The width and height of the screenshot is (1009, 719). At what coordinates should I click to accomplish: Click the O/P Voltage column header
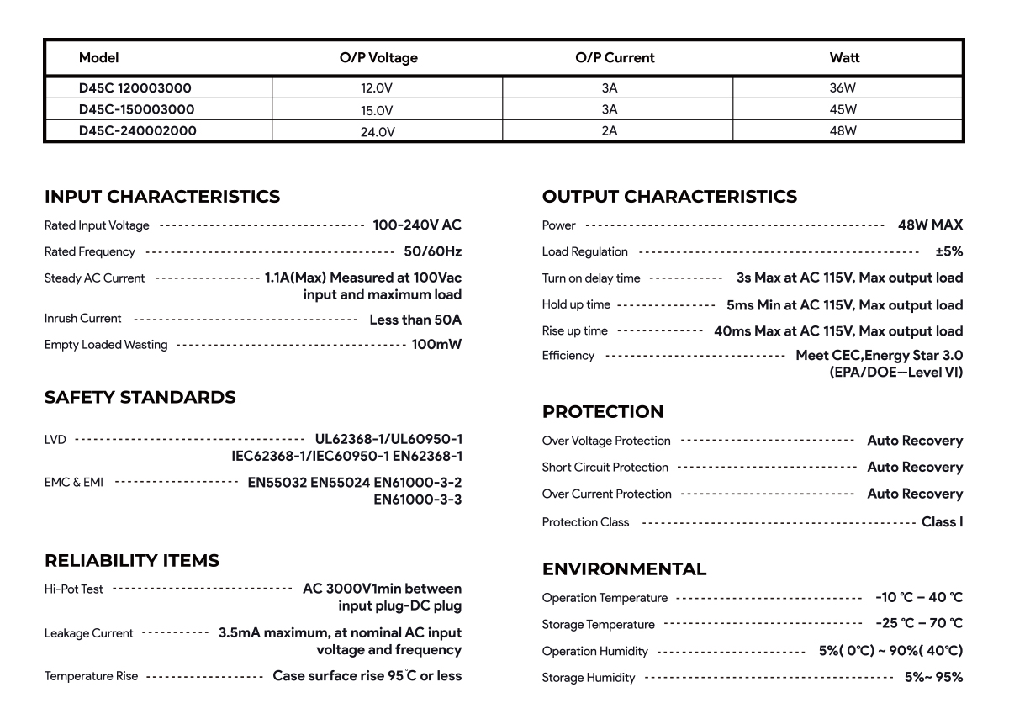tap(378, 58)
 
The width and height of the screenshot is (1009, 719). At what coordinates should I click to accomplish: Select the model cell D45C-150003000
tap(137, 109)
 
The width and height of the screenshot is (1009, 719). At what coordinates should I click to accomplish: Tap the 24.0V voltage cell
tap(378, 132)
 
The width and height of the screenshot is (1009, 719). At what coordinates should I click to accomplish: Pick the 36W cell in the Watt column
tap(843, 87)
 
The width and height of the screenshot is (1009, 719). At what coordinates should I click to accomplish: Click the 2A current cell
tap(610, 131)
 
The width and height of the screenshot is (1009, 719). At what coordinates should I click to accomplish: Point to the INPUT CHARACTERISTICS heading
tap(162, 197)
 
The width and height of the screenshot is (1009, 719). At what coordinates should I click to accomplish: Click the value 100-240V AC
tap(417, 225)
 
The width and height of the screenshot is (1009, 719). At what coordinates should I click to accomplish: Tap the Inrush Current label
tap(83, 319)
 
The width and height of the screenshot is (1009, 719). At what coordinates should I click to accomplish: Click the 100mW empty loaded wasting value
tap(436, 345)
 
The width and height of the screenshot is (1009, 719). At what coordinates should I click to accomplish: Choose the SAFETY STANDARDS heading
tap(140, 397)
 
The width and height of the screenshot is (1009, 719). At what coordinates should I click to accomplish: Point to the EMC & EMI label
tap(74, 483)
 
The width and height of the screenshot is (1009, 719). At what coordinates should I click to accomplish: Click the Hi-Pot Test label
tap(74, 589)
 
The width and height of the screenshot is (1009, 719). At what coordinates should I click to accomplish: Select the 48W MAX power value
tap(930, 225)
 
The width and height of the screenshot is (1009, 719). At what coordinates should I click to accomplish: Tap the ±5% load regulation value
tap(948, 251)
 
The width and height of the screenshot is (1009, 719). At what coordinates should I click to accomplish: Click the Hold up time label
tap(577, 305)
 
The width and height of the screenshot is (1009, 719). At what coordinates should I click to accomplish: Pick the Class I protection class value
tap(942, 522)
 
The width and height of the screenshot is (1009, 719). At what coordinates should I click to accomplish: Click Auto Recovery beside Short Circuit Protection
tap(915, 468)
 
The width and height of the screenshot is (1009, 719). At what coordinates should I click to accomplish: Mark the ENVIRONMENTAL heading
tap(625, 569)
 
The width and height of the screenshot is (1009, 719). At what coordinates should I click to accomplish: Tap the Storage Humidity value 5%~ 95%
tap(933, 678)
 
